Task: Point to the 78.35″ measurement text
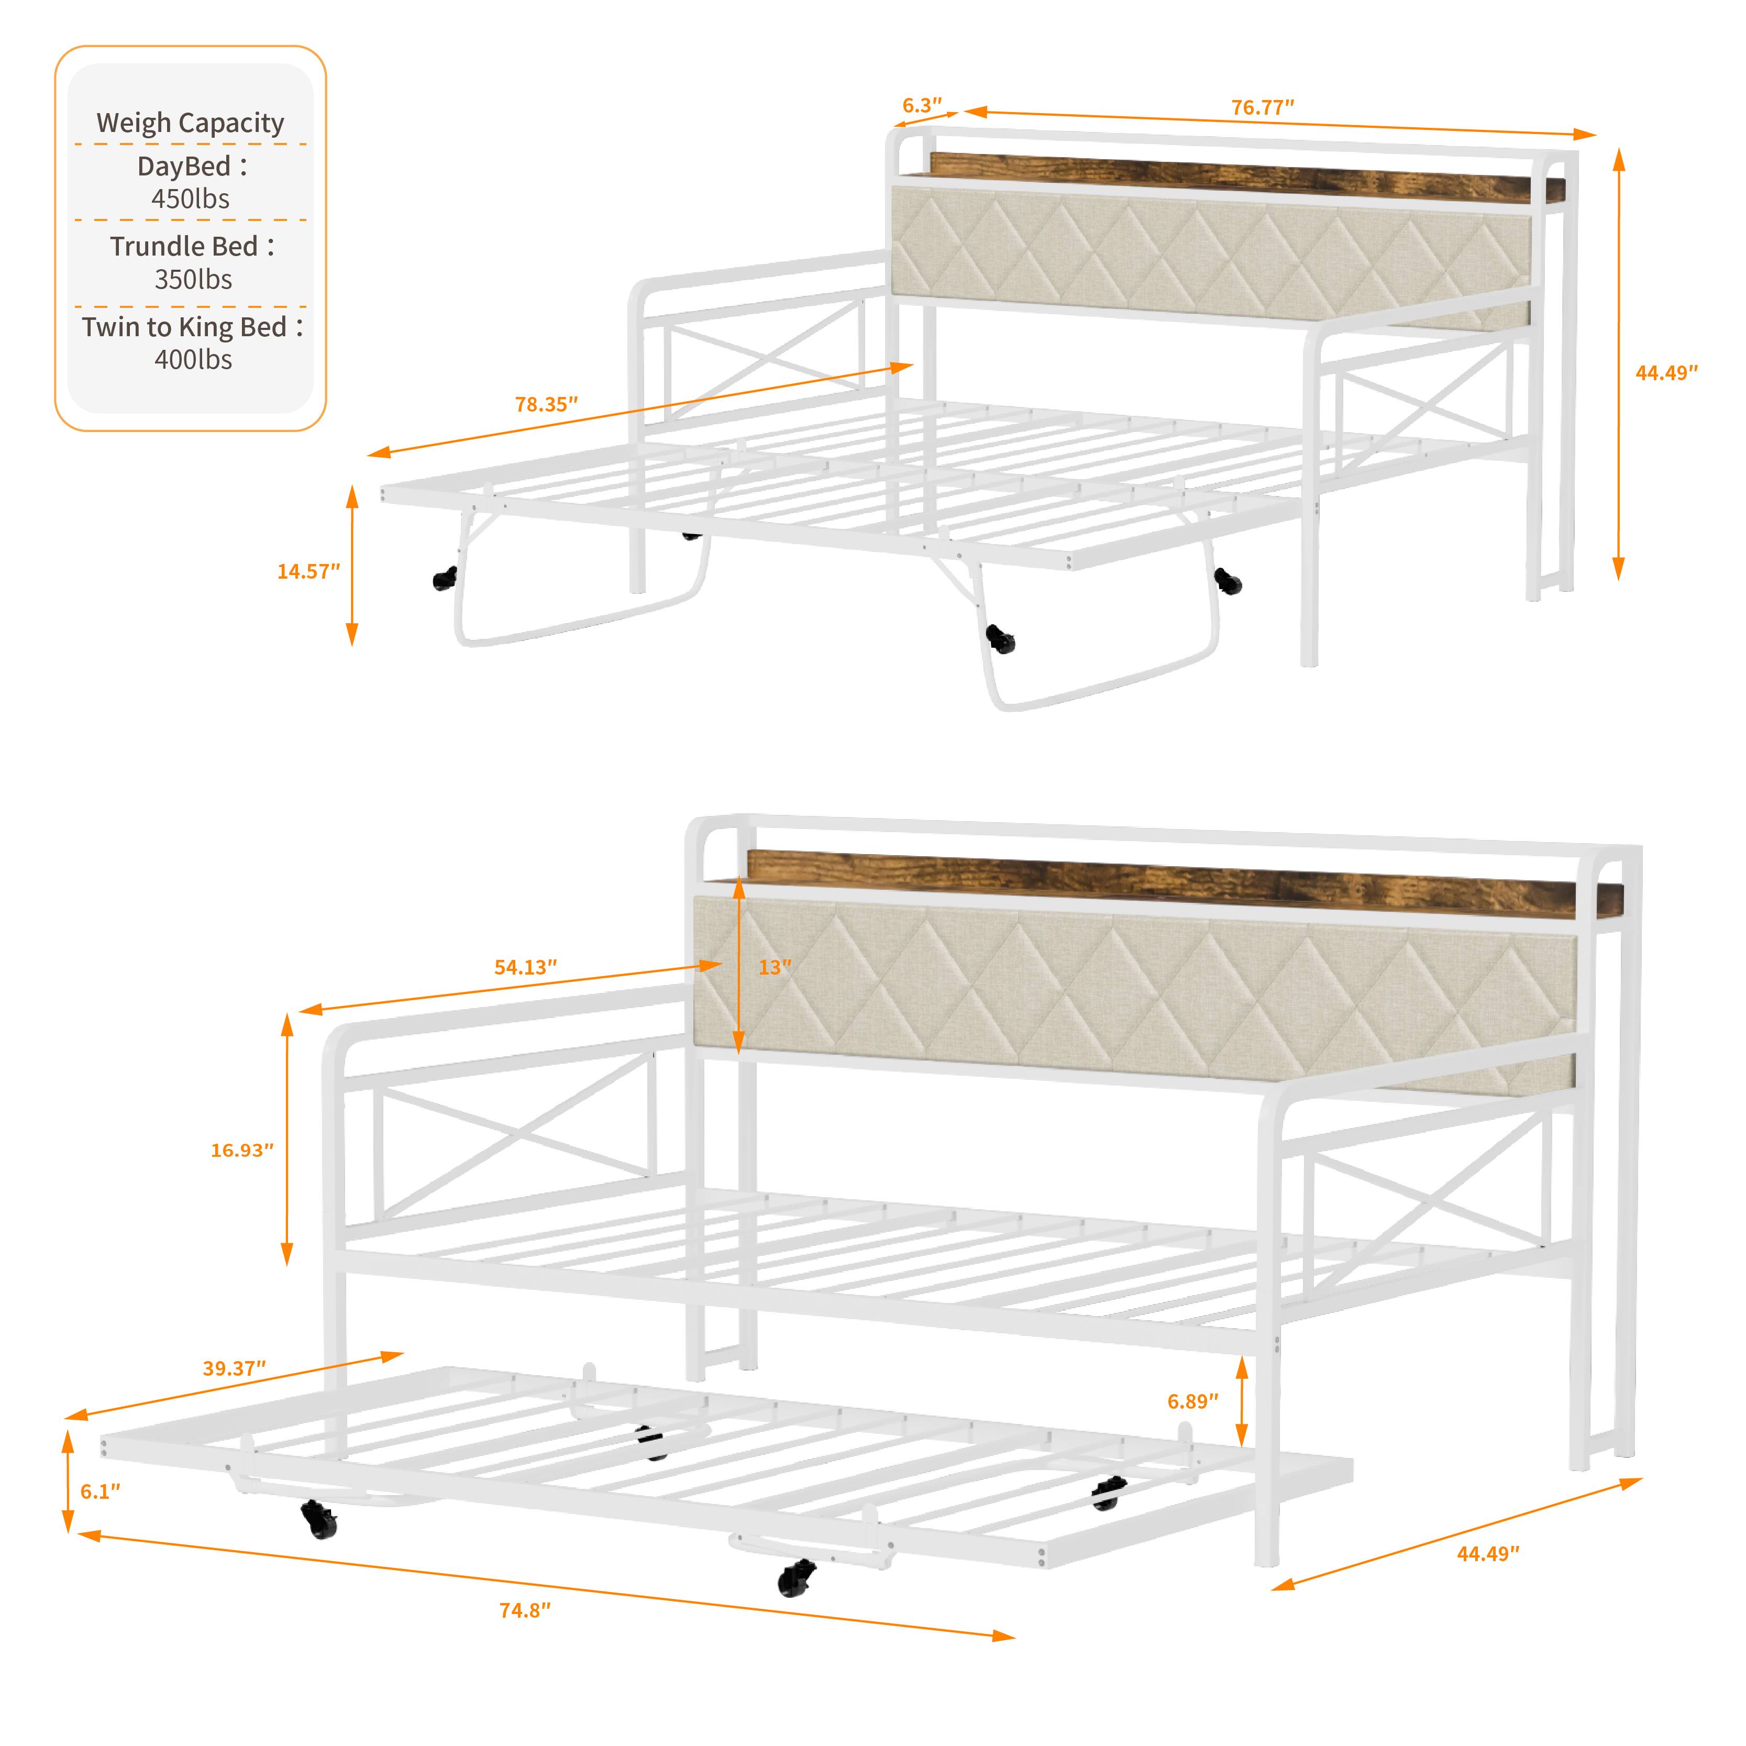(546, 404)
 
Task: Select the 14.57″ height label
(308, 571)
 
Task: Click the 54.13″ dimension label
(525, 967)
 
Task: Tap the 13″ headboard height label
(775, 967)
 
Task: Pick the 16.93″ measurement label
(241, 1151)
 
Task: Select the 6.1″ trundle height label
(100, 1491)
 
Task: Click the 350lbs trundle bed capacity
(193, 279)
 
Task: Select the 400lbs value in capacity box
(193, 360)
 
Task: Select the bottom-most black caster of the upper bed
(1000, 640)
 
